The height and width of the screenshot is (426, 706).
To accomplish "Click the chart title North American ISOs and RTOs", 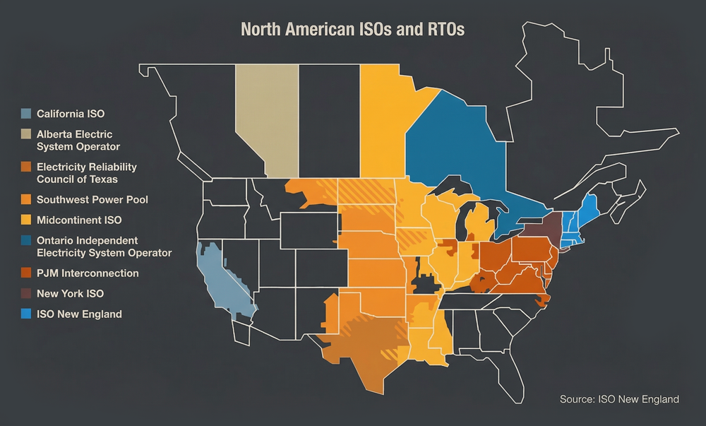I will coord(352,30).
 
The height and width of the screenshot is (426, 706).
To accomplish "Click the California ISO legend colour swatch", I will coord(26,113).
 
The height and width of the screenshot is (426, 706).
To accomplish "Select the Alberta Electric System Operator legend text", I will coord(78,140).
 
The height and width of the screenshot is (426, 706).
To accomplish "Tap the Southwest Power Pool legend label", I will coord(92,200).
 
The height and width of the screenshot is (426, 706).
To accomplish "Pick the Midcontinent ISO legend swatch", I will coord(26,220).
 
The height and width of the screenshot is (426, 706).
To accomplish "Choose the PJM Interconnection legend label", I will coord(88,273).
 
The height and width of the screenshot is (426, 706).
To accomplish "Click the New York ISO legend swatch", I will coord(26,293).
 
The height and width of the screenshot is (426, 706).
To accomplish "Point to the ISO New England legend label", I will coord(79,314).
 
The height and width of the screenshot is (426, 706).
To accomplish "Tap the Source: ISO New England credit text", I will coord(619,399).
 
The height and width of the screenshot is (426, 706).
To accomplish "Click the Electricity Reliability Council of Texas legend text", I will coord(87,173).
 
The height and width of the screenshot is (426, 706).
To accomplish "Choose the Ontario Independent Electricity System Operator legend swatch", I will coord(26,241).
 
